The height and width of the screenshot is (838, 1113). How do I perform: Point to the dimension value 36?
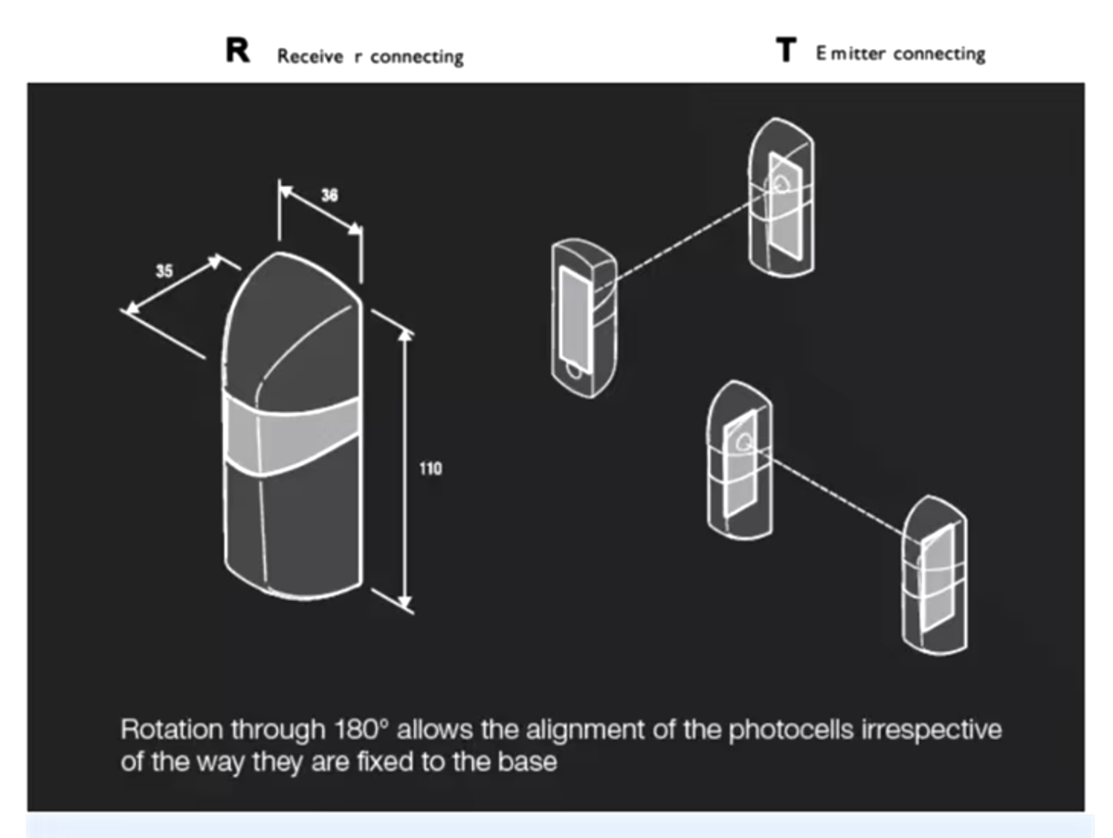click(330, 196)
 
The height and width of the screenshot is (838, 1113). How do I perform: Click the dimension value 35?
click(165, 272)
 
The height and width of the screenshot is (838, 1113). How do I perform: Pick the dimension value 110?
click(431, 469)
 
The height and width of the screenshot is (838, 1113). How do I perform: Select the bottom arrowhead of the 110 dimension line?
click(404, 603)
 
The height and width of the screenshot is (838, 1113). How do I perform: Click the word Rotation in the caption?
click(172, 730)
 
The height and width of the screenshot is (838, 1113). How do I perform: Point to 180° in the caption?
click(362, 729)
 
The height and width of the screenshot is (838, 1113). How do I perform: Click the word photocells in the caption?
click(791, 730)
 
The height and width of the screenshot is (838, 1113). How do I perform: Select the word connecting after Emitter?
click(940, 54)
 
